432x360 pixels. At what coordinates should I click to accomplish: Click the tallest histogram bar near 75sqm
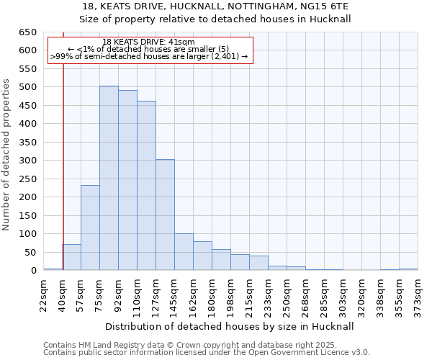(109, 179)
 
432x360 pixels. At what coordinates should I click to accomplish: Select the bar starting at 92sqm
(127, 180)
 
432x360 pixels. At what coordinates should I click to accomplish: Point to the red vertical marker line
(63, 166)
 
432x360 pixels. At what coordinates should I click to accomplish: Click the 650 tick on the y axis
(28, 32)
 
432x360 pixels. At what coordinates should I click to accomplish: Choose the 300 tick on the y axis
(28, 161)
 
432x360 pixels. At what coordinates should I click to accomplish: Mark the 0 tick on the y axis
(34, 271)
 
